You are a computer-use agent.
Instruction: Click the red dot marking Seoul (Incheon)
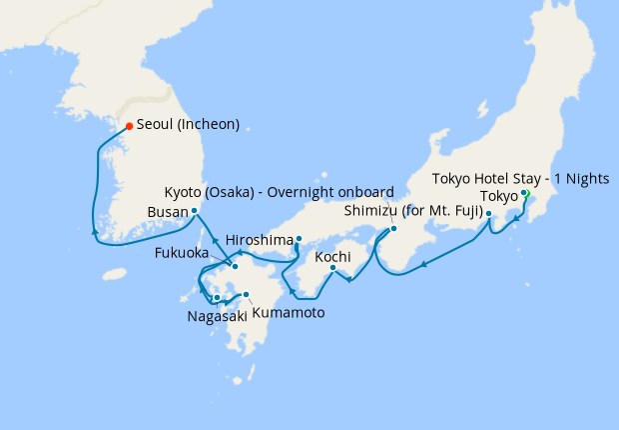pos(129,126)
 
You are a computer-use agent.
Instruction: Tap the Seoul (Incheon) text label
pos(188,125)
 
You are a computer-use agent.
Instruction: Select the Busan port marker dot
pos(194,212)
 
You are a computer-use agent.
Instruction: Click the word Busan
pos(166,212)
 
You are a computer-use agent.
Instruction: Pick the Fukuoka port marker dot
pos(235,266)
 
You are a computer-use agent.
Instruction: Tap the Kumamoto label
pos(288,312)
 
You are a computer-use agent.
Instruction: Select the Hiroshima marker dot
pos(299,238)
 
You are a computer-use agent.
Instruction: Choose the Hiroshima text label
pos(260,240)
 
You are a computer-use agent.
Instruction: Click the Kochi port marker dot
pos(332,267)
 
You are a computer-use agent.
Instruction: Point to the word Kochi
pos(332,257)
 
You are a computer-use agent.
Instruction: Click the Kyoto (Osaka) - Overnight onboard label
pos(281,192)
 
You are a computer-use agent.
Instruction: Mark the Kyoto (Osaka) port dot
pos(392,229)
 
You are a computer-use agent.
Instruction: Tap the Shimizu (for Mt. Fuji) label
pos(413,212)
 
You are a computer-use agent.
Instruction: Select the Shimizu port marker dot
pos(489,213)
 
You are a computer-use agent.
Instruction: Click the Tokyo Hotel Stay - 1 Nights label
pos(520,178)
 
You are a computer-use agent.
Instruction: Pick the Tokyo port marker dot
pos(524,193)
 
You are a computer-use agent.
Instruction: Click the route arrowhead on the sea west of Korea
pos(96,232)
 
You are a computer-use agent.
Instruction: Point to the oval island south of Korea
pos(117,273)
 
